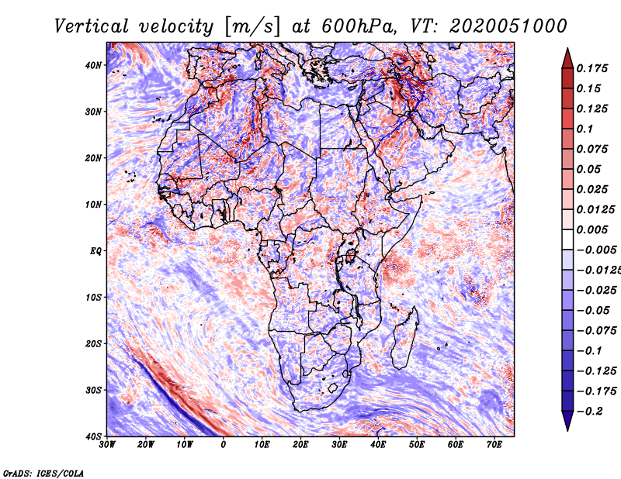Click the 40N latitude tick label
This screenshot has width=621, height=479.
coord(93,65)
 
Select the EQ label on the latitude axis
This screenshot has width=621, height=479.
coord(95,251)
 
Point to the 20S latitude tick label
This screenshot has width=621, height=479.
coord(93,343)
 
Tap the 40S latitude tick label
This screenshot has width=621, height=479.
coord(93,436)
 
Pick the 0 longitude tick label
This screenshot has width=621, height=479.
coord(224,445)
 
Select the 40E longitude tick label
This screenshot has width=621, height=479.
coord(378,445)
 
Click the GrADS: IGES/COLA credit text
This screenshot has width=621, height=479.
coord(43,472)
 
